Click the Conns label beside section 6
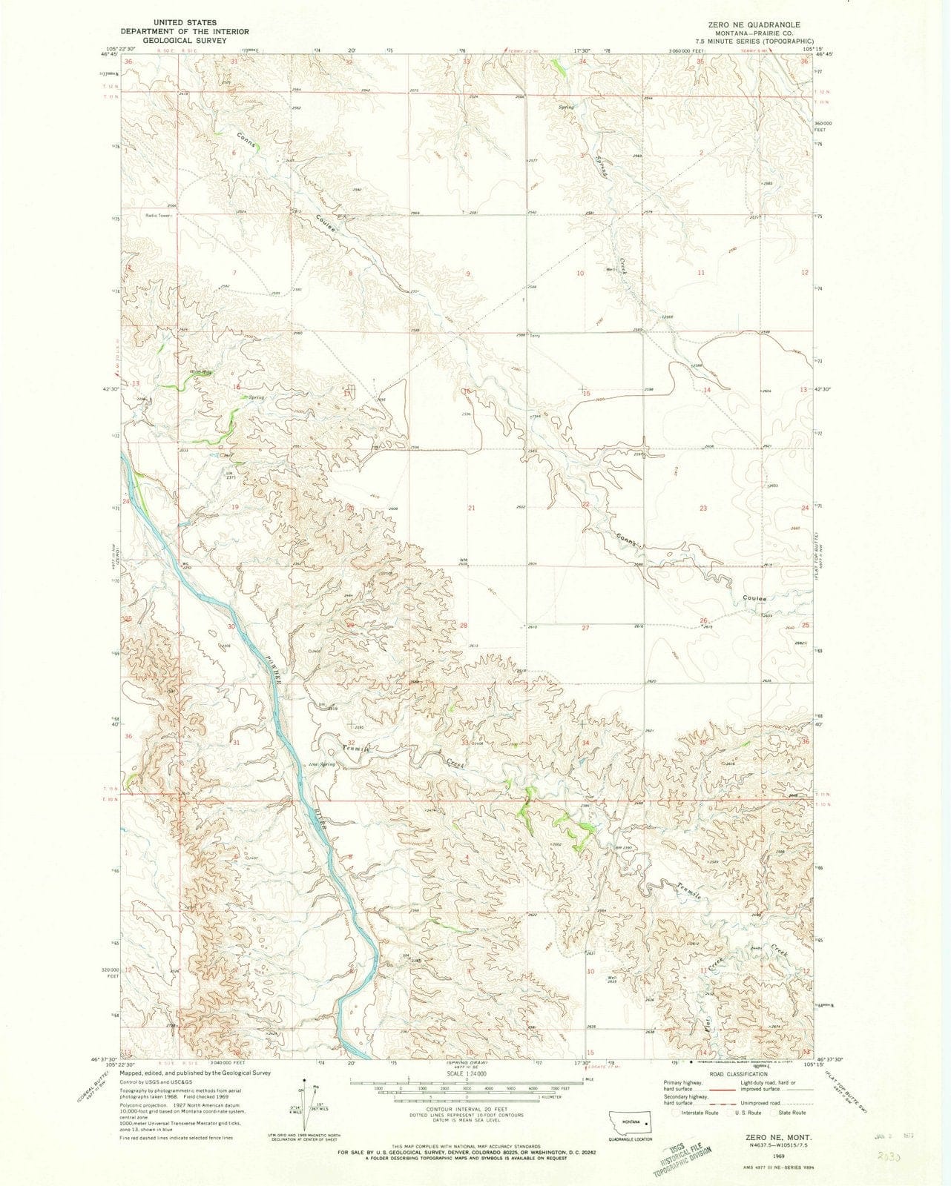[x=247, y=142]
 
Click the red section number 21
[x=471, y=508]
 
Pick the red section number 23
[x=702, y=508]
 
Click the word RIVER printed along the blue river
[x=320, y=818]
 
